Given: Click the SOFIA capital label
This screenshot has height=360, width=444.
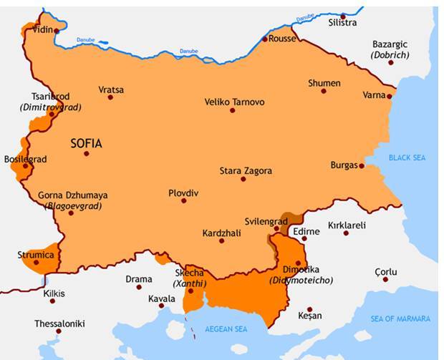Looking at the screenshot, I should coord(86,143).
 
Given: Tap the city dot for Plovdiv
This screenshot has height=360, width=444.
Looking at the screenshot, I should coord(184,200).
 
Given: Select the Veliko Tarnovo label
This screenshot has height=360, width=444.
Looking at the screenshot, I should coord(234,102).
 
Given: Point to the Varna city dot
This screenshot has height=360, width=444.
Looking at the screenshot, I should coord(390,96).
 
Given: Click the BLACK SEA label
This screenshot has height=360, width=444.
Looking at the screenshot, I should coord(407,157).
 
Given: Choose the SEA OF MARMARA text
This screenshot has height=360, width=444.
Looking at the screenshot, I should coord(401,318).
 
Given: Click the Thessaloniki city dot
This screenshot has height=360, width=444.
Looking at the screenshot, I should coord(59,331).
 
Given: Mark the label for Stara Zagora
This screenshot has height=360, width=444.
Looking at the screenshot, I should coord(246,170).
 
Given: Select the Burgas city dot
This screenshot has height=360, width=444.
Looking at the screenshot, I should coord(362,166).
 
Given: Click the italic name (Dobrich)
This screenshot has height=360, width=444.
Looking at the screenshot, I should coord(390,54).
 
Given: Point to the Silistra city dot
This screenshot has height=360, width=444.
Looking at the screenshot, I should coord(343,16).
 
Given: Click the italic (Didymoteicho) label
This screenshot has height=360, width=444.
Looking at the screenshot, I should coord(301,280).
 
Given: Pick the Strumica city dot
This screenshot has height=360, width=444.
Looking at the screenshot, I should coord(37,263).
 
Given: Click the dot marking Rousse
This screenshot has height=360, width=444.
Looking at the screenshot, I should coord(265,39).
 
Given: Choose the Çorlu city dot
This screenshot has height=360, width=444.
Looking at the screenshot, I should coord(385,279).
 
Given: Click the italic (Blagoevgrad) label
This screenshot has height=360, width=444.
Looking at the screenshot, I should coord(73,205).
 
